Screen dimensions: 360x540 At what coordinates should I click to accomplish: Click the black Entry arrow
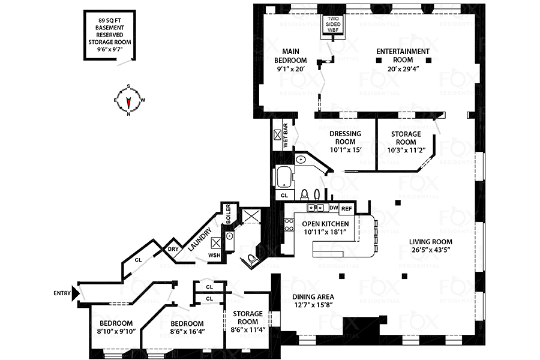75,294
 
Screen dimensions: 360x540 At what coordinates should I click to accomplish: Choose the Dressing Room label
345,137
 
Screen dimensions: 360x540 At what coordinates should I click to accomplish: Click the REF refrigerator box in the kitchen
346,208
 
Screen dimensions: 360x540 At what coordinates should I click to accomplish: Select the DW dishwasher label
334,208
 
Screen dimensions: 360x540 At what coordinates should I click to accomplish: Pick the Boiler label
228,214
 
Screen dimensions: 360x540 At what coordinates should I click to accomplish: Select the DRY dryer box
173,249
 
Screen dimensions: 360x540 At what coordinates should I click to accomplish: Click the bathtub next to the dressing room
283,178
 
